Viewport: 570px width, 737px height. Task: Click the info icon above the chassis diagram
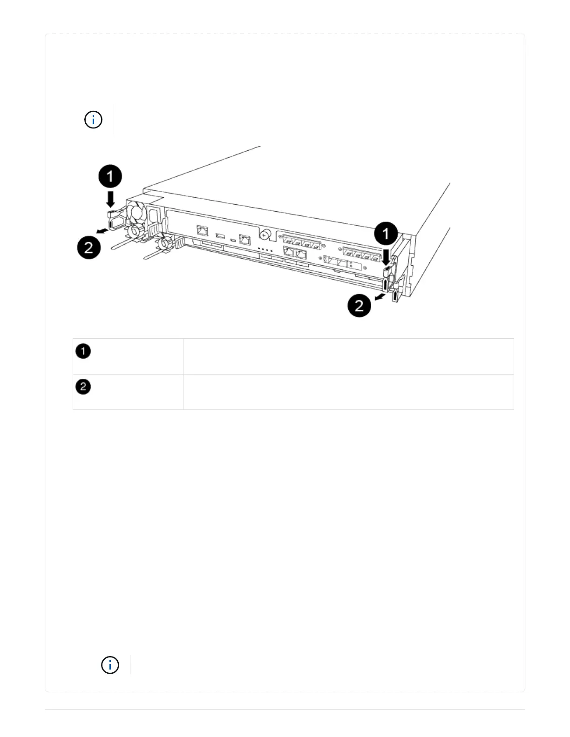pos(93,120)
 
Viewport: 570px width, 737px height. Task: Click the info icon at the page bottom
pos(110,665)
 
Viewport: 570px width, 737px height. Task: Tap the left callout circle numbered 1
pos(110,177)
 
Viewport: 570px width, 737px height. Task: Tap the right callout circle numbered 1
pos(386,234)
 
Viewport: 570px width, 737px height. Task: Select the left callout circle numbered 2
pos(88,248)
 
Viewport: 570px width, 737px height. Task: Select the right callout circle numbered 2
pos(359,306)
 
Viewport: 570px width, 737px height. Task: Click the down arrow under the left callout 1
pos(110,200)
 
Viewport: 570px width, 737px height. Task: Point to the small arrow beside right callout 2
pos(380,296)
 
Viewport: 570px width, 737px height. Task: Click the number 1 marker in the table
pos(83,351)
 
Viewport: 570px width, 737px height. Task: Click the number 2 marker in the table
pos(83,387)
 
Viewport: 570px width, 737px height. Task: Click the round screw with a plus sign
pos(265,235)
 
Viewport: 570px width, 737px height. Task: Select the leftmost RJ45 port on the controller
pos(203,230)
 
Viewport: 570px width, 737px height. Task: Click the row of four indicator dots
pos(266,250)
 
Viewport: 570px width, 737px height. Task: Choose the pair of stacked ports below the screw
pos(295,254)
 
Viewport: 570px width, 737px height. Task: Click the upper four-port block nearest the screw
pos(301,242)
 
